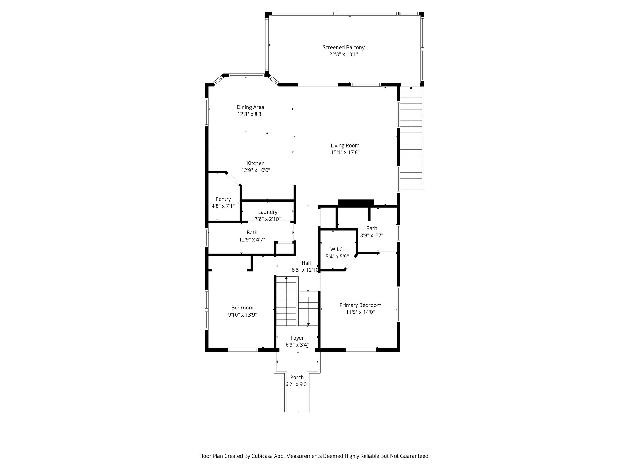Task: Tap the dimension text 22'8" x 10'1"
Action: pos(343,54)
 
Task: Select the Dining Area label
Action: pos(250,107)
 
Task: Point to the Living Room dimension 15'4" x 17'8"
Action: pos(345,152)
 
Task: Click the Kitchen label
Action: pos(256,163)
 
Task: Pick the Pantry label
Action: pos(223,199)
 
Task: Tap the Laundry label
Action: pos(268,212)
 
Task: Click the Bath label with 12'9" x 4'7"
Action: pos(252,233)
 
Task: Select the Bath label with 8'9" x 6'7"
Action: pos(371,228)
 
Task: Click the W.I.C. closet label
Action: pos(337,250)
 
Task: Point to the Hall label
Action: pos(306,263)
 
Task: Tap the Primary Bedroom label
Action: pos(360,305)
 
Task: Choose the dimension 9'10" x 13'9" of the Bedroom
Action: pos(242,315)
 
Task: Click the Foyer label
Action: pos(297,338)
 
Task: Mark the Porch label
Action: pos(297,377)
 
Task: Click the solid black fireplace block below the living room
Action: pos(356,203)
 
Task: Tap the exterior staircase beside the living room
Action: pos(412,138)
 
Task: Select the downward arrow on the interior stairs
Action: pos(308,324)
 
